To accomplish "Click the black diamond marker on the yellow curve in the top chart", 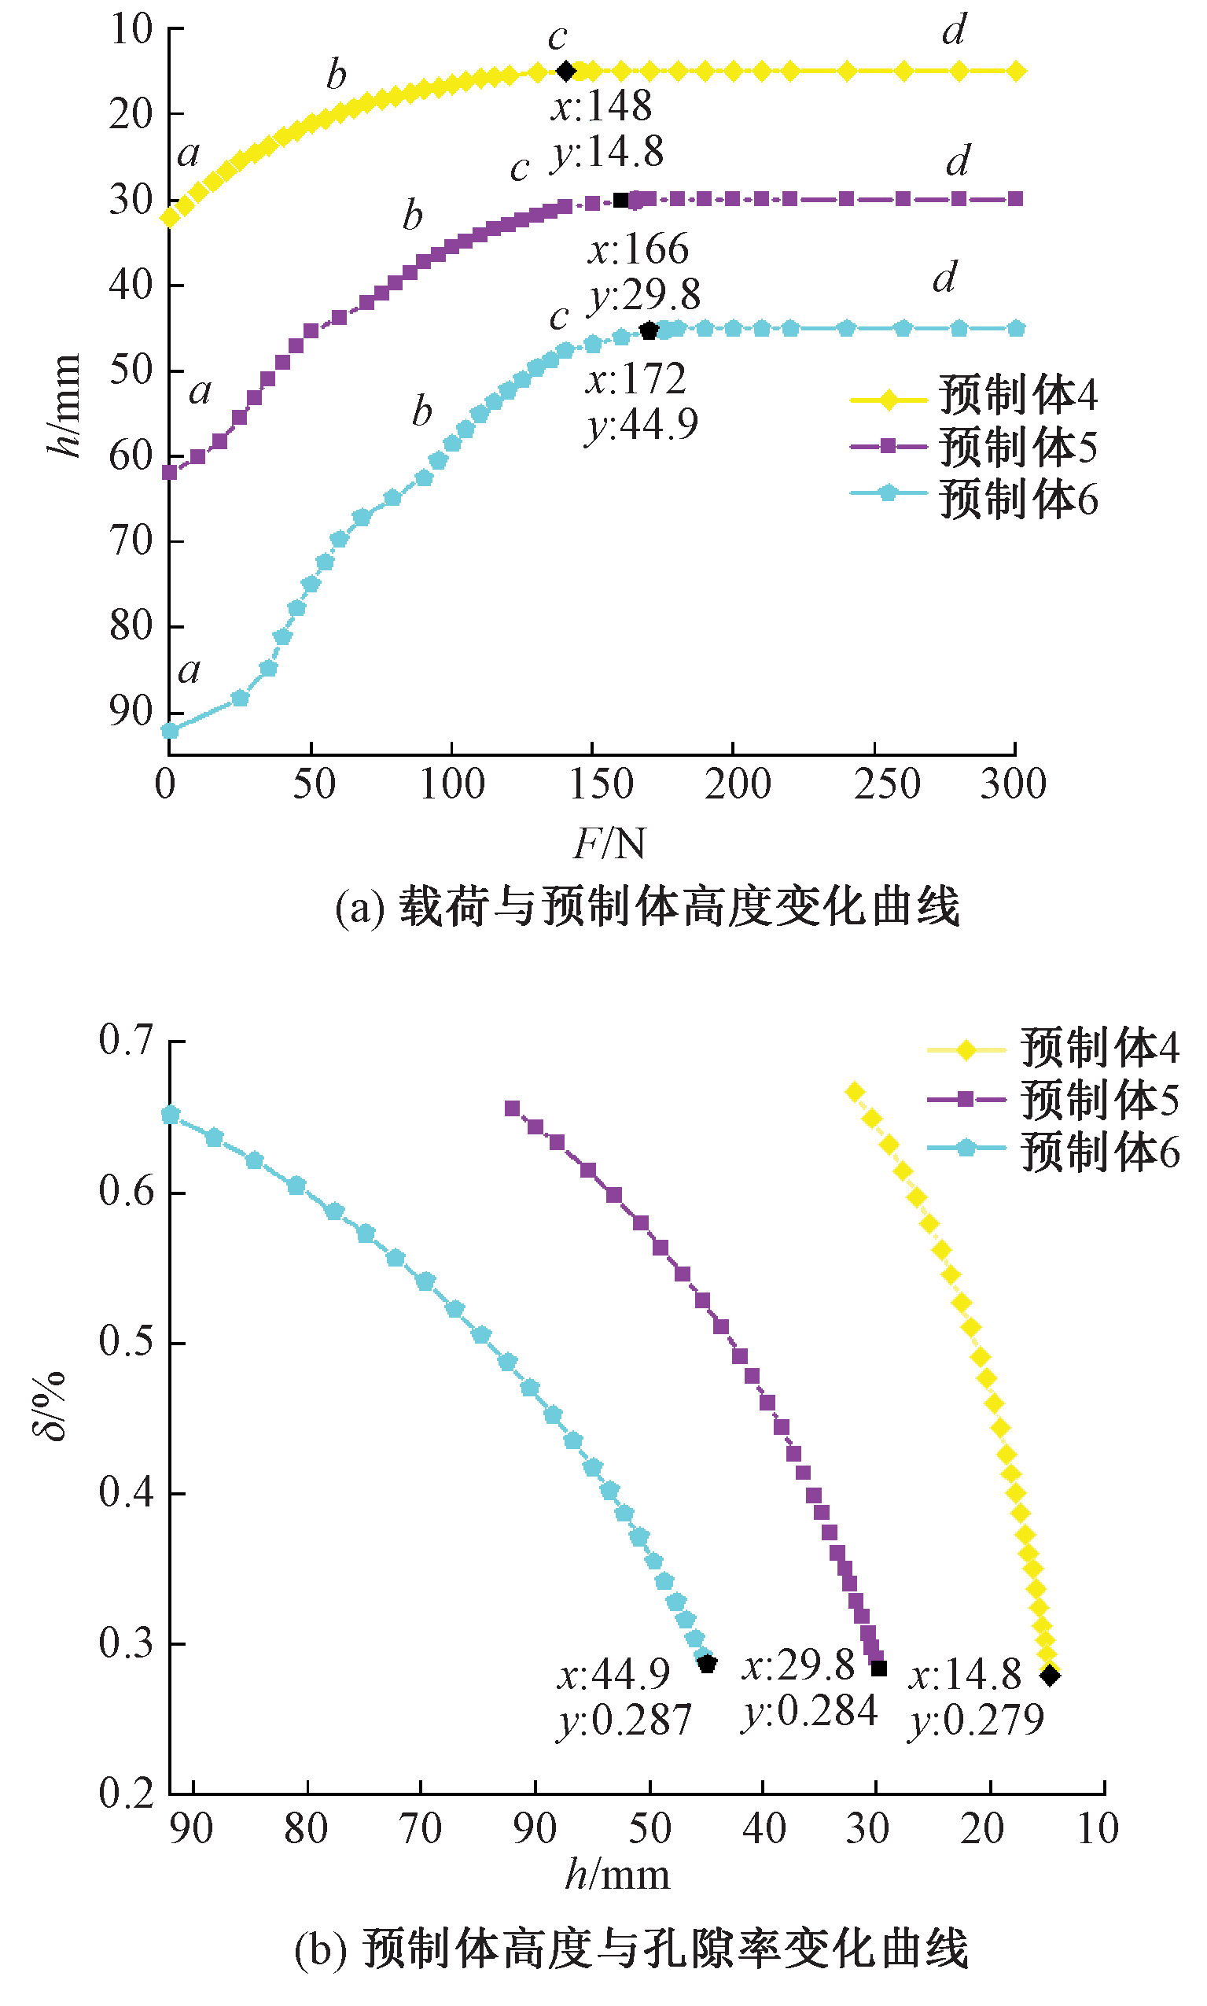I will (566, 72).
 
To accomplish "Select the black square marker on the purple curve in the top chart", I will (621, 200).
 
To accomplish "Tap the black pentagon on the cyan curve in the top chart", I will (649, 330).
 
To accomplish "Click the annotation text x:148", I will (602, 105).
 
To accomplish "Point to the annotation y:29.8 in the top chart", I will (644, 295).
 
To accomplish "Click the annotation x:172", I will (636, 379).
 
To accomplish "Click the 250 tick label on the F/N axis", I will (886, 785).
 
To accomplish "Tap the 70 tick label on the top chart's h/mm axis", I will (132, 540).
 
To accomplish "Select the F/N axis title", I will (610, 843).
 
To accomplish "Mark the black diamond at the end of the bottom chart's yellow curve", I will (1050, 1675).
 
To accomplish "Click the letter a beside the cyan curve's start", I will (190, 670).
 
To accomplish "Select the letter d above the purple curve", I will (958, 161).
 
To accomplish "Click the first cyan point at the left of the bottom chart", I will (171, 1115).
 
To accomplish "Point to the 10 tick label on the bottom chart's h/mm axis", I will (1097, 1828).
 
